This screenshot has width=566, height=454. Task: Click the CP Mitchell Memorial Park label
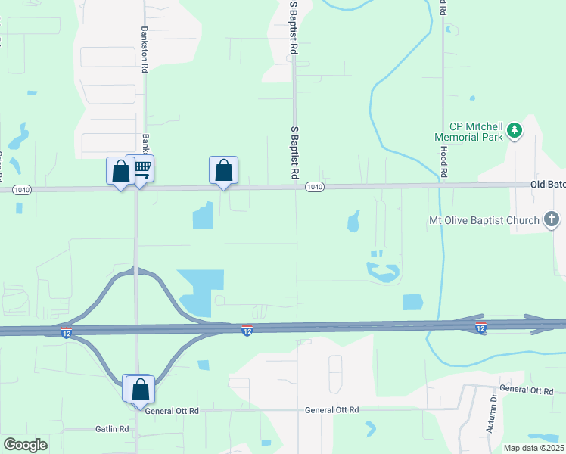468,132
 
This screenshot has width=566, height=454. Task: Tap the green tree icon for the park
515,131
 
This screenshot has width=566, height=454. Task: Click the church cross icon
552,220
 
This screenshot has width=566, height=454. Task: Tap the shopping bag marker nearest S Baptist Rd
223,171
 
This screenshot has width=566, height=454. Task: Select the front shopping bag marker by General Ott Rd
141,390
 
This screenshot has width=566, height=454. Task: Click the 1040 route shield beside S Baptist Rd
315,187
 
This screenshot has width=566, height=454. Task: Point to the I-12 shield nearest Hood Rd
480,327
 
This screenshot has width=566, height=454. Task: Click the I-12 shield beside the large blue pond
247,330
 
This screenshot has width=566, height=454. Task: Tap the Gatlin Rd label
113,429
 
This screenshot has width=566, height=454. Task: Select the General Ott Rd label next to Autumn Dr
527,390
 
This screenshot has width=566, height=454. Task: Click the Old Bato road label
547,184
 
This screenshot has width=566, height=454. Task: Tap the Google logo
25,445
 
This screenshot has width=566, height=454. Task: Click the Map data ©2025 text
534,448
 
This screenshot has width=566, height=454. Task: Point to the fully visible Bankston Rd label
145,48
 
